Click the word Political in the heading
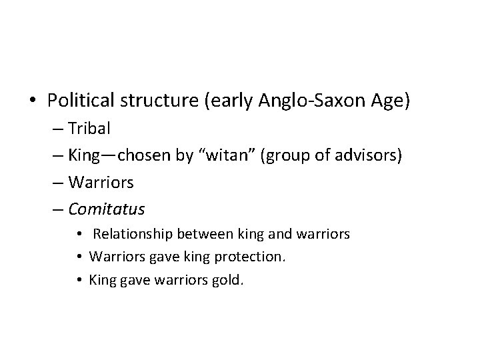tap(78, 100)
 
